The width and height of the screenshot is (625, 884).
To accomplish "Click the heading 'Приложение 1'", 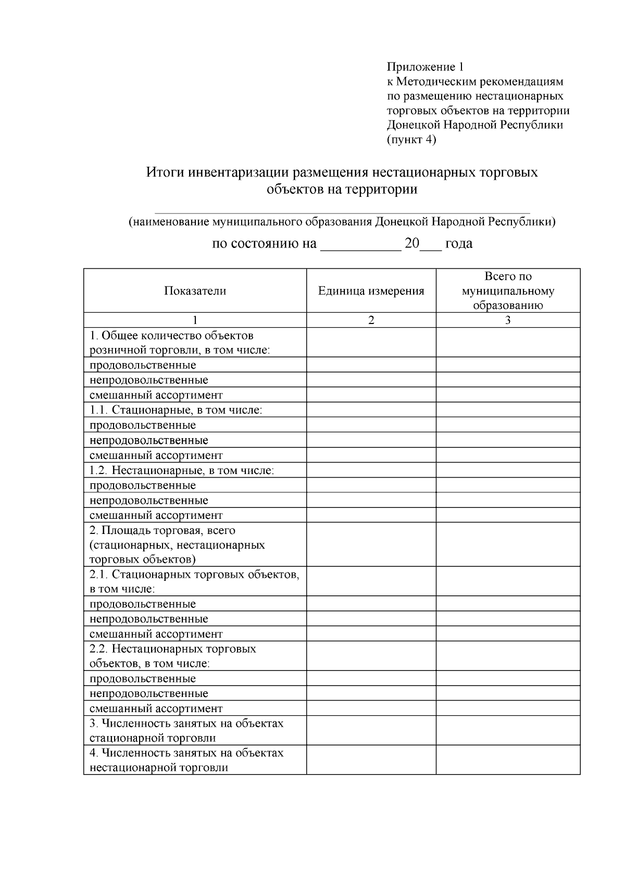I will (424, 67).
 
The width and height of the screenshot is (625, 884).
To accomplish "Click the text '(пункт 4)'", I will (411, 140).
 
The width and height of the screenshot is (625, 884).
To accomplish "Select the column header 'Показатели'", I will (195, 291).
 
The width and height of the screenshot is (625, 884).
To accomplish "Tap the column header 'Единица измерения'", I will (371, 291).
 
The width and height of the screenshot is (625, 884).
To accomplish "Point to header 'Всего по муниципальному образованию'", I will (508, 291).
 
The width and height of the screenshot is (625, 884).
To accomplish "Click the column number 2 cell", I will (371, 320).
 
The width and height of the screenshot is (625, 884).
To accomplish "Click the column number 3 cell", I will (508, 320).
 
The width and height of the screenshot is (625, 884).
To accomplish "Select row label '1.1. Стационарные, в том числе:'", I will (176, 410).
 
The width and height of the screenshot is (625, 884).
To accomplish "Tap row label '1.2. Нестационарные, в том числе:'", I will (182, 470).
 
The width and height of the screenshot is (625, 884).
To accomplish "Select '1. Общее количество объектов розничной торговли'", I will (180, 342).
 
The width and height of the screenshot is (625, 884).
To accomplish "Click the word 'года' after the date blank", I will (459, 244).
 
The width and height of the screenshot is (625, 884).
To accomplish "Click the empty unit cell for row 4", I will (371, 760).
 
